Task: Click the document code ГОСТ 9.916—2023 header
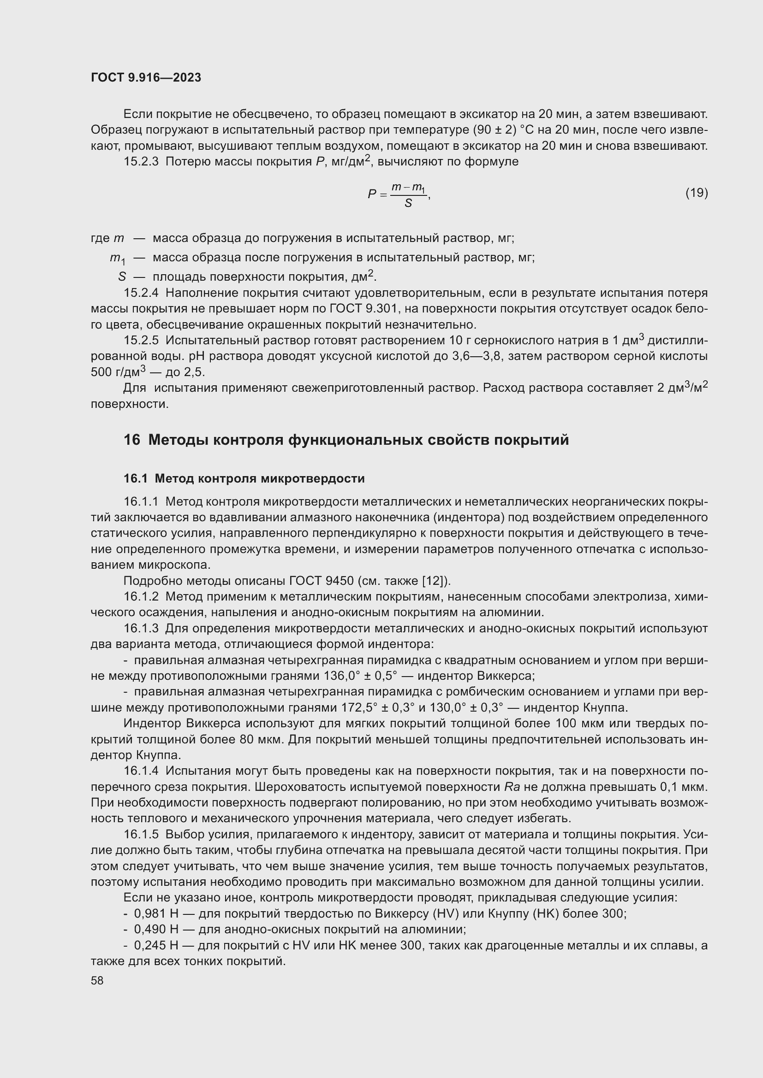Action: point(146,77)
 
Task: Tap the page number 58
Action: point(97,980)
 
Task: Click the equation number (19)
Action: point(696,193)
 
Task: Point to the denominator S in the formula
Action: point(408,203)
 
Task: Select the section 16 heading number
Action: point(131,440)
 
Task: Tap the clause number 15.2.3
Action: point(141,162)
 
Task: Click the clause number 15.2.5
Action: point(141,340)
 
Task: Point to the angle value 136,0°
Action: point(342,676)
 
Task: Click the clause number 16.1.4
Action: point(141,771)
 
